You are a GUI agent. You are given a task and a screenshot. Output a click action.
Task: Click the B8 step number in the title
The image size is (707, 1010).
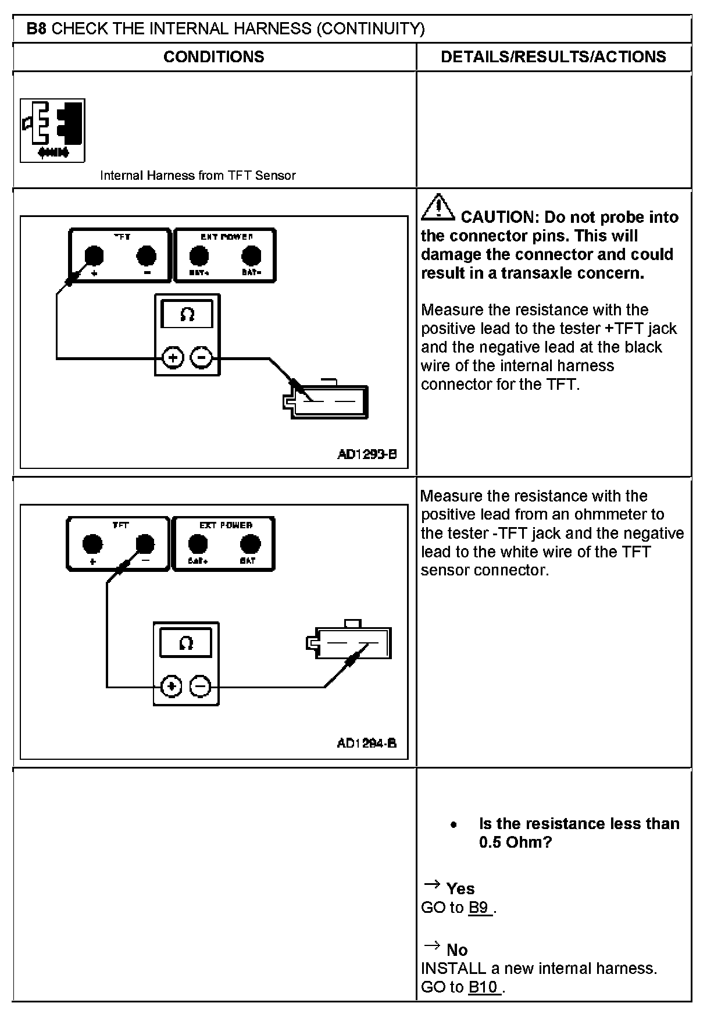click(36, 29)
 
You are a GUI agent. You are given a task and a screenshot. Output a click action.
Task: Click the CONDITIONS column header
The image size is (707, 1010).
click(213, 56)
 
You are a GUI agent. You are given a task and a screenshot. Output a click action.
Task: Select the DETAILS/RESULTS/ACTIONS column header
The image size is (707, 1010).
click(553, 56)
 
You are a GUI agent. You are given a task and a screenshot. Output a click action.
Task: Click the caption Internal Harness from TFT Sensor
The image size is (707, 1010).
click(198, 175)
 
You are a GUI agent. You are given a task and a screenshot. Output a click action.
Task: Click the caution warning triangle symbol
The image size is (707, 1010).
click(438, 208)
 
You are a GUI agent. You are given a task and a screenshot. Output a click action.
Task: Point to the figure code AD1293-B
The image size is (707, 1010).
click(367, 454)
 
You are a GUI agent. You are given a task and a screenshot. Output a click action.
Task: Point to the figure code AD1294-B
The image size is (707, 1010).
click(367, 743)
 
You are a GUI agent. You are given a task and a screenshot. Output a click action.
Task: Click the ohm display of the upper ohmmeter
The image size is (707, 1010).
click(187, 315)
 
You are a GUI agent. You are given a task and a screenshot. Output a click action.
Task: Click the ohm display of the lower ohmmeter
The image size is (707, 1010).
click(186, 643)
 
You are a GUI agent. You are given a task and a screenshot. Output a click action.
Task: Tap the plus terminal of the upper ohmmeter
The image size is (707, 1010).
click(172, 357)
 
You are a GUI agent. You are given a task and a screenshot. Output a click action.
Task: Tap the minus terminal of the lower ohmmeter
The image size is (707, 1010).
click(201, 687)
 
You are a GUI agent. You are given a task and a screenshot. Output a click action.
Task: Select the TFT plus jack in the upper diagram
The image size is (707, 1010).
click(94, 255)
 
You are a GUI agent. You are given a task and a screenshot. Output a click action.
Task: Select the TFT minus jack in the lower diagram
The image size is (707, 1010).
click(145, 544)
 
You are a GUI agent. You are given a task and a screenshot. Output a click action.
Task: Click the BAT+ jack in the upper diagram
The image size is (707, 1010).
click(199, 255)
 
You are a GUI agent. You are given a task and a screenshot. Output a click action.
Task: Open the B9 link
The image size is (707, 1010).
click(479, 908)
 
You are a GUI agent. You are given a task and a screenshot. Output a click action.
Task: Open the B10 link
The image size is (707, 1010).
click(484, 987)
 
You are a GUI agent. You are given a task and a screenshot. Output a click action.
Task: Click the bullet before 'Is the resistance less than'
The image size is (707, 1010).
click(454, 825)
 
